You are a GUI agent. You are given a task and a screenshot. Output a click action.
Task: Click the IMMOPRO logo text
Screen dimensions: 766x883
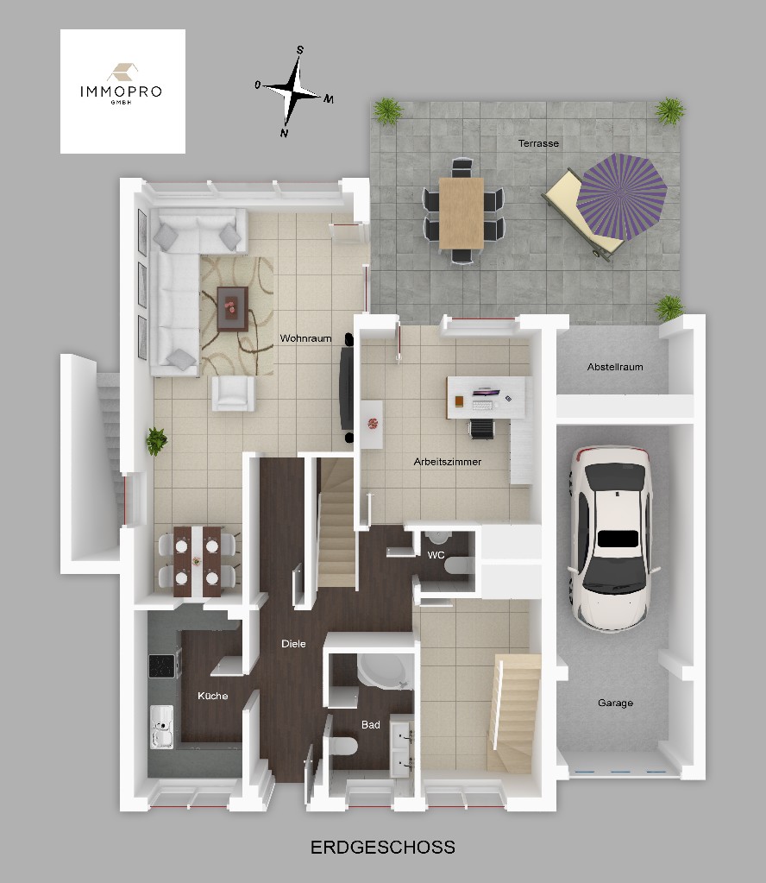tap(121, 91)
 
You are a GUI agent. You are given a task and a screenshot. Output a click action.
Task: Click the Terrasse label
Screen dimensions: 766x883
tap(538, 143)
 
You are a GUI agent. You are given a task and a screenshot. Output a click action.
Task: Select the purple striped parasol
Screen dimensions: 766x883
tap(621, 197)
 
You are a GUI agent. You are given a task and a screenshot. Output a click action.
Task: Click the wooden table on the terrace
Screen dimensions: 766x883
tap(461, 213)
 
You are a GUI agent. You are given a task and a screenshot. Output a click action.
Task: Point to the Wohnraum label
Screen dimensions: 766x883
tap(305, 337)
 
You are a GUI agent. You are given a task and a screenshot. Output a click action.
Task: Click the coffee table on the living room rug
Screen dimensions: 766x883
tap(232, 309)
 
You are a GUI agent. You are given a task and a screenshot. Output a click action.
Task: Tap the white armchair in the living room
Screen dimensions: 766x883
tap(233, 393)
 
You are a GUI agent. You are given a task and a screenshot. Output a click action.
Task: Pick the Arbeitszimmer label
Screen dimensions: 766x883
tap(448, 462)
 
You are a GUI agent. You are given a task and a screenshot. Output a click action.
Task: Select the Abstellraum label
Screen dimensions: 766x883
tap(614, 367)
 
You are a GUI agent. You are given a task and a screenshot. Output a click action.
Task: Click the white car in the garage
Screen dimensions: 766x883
tap(612, 538)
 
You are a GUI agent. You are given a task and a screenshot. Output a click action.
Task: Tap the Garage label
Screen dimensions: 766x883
tap(615, 703)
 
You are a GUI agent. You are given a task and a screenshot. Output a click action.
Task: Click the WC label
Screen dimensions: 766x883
tap(436, 555)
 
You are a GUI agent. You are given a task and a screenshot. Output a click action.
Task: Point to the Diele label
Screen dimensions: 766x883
tap(293, 644)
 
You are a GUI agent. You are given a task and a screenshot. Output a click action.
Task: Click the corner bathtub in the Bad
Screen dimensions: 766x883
tap(384, 672)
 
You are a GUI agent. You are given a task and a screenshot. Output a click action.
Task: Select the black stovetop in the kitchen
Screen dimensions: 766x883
tap(163, 666)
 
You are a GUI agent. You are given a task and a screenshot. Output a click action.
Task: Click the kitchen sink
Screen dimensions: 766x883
tap(161, 727)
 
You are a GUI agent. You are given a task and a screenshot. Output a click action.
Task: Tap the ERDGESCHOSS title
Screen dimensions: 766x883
tap(383, 847)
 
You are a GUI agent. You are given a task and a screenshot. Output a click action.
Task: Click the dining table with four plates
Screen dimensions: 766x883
tap(197, 561)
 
